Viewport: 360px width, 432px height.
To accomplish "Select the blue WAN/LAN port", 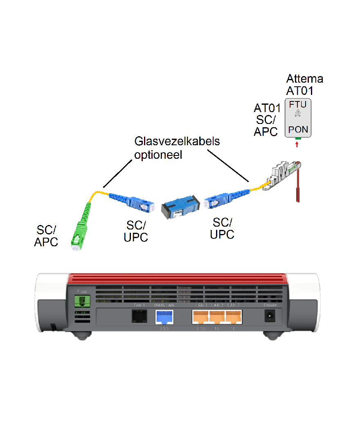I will point(164,317).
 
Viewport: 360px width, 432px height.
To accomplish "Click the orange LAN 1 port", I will point(200,317).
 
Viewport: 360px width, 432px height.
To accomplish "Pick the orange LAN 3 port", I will point(234,317).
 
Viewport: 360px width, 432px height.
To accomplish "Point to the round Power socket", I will point(270,316).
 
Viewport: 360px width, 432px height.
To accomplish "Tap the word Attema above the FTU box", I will point(304,78).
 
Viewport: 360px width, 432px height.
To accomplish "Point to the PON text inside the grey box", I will point(297,130).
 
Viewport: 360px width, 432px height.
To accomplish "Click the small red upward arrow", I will point(297,144).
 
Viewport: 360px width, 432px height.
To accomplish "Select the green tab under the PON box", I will point(297,139).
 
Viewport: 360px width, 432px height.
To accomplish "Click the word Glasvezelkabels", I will point(177,142).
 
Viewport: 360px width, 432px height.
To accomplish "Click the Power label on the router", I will point(270,305).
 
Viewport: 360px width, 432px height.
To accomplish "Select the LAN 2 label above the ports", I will point(216,305).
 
